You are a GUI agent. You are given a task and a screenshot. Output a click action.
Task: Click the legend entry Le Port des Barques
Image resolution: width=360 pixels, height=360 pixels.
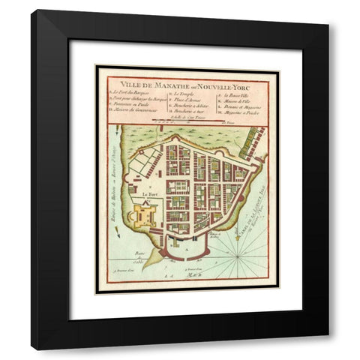(x=133, y=93)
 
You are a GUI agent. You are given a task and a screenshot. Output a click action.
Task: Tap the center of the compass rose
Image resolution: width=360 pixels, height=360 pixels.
(x=241, y=255)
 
